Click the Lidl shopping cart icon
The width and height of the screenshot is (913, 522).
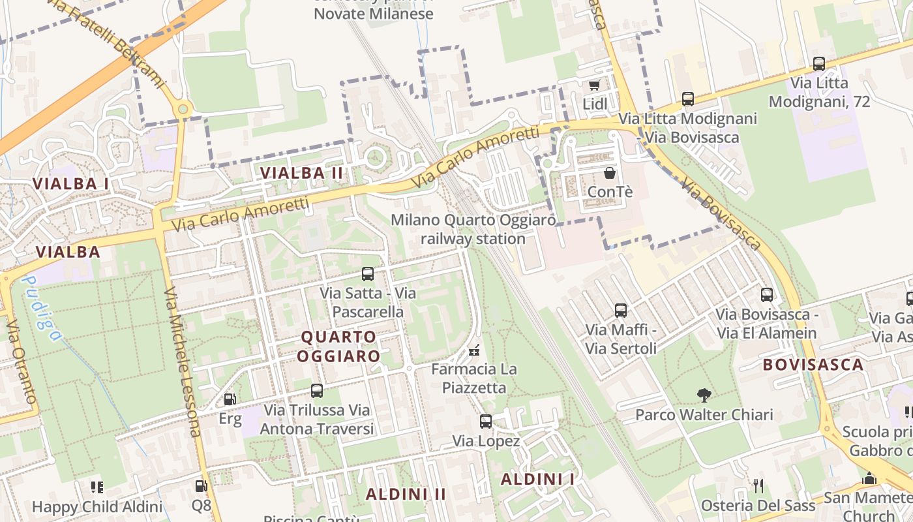pos(594,85)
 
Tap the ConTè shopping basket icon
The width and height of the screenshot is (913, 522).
pos(610,173)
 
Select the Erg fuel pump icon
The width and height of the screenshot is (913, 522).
pos(230,399)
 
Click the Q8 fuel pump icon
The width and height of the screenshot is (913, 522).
pos(202,485)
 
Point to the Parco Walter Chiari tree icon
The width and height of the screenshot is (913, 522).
pos(704,395)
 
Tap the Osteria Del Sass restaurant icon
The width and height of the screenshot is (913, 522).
pos(758,485)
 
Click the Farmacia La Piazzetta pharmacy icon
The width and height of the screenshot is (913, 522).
pos(475,350)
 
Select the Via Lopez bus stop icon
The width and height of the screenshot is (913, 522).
pos(486,422)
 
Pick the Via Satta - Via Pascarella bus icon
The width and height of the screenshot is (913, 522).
pos(368,274)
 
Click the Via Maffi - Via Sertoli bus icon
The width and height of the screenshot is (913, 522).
pos(621,311)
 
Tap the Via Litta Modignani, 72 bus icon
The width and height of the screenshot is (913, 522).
pos(819,64)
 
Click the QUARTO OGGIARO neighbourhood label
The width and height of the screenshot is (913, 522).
pos(339,346)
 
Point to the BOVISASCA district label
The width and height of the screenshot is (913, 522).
pos(814,365)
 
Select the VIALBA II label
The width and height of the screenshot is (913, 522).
pos(302,173)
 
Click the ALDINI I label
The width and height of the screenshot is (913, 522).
pos(538,480)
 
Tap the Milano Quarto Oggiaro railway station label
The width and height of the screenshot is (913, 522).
pos(473,229)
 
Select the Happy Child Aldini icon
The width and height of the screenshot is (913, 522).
pos(97,487)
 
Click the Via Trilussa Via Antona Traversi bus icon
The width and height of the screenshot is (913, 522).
pos(317,391)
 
